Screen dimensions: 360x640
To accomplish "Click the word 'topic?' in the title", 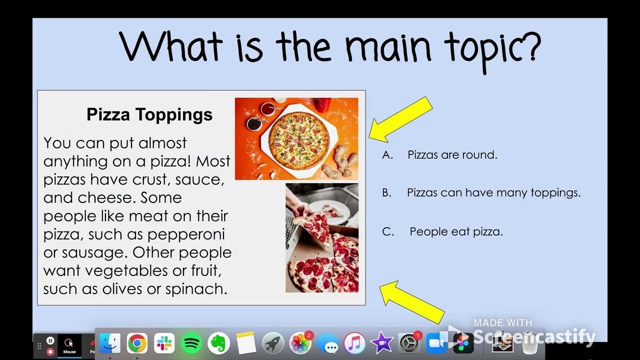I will pyautogui.click(x=492, y=47).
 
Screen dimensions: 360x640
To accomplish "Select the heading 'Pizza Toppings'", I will pyautogui.click(x=149, y=114).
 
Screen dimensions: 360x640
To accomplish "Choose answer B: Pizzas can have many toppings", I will pyautogui.click(x=493, y=192).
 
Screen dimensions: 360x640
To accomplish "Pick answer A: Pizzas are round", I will pyautogui.click(x=452, y=154).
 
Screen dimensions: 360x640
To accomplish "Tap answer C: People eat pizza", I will pyautogui.click(x=456, y=231).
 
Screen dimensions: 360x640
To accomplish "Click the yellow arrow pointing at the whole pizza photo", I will pyautogui.click(x=400, y=118).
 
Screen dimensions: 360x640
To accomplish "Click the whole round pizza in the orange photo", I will pyautogui.click(x=299, y=139).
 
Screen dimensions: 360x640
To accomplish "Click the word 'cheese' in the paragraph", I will pyautogui.click(x=106, y=197).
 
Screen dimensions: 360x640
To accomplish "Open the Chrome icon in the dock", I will pyautogui.click(x=137, y=343).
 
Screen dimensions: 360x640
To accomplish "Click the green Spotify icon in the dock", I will pyautogui.click(x=191, y=343).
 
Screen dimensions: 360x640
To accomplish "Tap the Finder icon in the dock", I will pyautogui.click(x=110, y=343).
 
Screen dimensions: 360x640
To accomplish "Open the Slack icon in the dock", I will pyautogui.click(x=164, y=343).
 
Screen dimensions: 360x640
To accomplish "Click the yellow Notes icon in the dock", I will pyautogui.click(x=245, y=343).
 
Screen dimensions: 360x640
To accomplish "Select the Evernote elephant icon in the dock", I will pyautogui.click(x=218, y=343).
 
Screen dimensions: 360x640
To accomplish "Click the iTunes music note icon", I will pyautogui.click(x=354, y=343).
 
